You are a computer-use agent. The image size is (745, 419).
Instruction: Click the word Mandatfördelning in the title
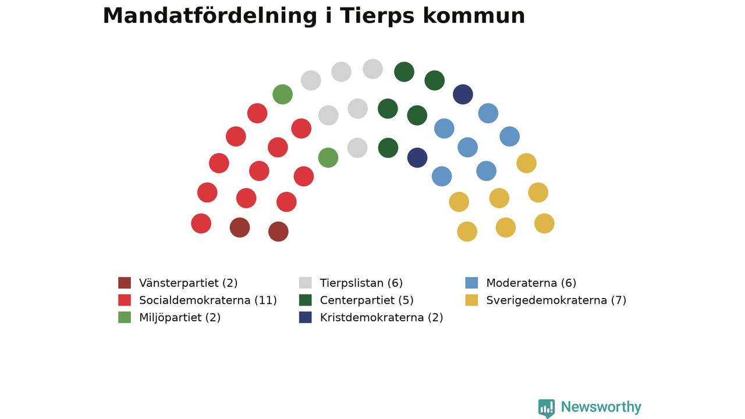pyautogui.click(x=210, y=16)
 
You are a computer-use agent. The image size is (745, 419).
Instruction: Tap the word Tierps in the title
pyautogui.click(x=377, y=16)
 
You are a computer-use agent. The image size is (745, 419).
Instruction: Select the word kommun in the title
pyautogui.click(x=474, y=16)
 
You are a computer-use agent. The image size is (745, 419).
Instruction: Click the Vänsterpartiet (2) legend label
pyautogui.click(x=188, y=283)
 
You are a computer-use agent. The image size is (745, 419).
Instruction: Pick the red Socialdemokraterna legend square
pyautogui.click(x=125, y=300)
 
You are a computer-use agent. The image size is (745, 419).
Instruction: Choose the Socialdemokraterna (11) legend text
pyautogui.click(x=208, y=300)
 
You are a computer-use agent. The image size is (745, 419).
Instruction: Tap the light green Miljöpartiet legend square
pyautogui.click(x=125, y=317)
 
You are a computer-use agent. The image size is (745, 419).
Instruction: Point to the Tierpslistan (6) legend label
pyautogui.click(x=361, y=283)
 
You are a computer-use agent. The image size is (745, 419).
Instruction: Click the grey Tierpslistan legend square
pyautogui.click(x=306, y=283)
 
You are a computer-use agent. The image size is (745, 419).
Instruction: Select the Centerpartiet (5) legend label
pyautogui.click(x=367, y=300)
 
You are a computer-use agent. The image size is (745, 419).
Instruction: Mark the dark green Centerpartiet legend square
pyautogui.click(x=306, y=300)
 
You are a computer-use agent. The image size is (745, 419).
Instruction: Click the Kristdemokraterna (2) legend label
pyautogui.click(x=381, y=318)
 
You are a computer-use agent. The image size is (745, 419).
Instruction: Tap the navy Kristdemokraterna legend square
pyautogui.click(x=306, y=317)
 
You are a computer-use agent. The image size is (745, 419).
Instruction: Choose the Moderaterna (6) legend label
pyautogui.click(x=531, y=283)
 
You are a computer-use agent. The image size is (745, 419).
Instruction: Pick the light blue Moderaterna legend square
pyautogui.click(x=471, y=283)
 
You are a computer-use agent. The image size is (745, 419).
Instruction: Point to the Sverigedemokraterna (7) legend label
pyautogui.click(x=556, y=300)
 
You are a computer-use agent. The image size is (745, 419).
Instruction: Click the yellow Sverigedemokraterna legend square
pyautogui.click(x=471, y=300)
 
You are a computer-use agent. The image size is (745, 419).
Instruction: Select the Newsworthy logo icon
pyautogui.click(x=547, y=408)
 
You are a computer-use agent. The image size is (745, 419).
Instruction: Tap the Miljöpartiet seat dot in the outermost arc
pyautogui.click(x=282, y=94)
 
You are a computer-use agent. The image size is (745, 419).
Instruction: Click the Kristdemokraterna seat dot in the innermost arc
pyautogui.click(x=417, y=158)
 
